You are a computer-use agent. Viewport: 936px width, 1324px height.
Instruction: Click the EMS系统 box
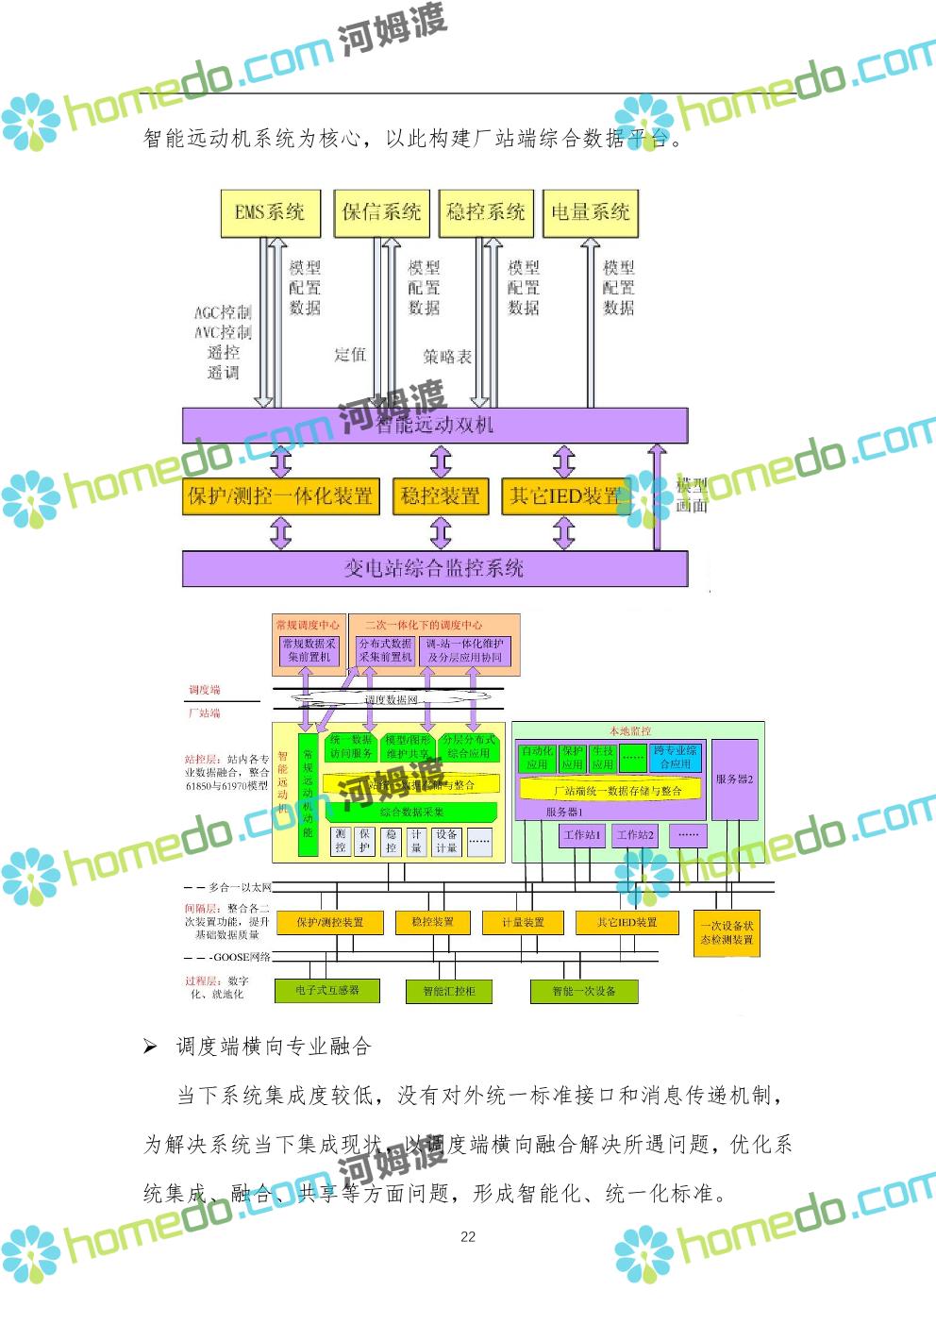coord(271,212)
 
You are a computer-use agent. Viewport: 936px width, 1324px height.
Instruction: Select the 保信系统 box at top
coord(381,212)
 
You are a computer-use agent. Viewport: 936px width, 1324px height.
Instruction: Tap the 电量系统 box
coord(591,212)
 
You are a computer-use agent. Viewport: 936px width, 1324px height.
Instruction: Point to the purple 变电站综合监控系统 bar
coord(434,568)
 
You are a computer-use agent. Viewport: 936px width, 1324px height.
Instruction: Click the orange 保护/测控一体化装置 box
coord(280,496)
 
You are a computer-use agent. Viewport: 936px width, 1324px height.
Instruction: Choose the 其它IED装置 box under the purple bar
coord(564,496)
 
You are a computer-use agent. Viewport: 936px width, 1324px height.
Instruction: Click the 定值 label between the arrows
coord(350,355)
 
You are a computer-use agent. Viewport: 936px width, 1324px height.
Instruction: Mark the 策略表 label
coord(447,357)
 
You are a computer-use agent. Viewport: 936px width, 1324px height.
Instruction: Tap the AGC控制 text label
coord(223,312)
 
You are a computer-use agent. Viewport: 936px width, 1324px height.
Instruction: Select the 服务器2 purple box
coord(734,779)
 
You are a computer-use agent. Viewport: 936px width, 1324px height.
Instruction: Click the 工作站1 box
coord(582,835)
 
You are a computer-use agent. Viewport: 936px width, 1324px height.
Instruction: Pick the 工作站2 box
coord(635,835)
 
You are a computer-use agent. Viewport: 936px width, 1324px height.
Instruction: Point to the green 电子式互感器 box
coord(327,990)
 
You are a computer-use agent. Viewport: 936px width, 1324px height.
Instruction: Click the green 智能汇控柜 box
coord(449,991)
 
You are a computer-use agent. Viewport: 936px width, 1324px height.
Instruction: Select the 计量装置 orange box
coord(523,922)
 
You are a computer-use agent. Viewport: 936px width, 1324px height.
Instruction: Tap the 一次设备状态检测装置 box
coord(727,932)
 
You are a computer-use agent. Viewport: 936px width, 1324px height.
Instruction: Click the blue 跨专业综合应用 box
coord(676,757)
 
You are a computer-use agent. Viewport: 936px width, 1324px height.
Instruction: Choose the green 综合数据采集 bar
coord(411,812)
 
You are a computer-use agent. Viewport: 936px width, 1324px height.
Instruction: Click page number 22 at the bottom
coord(468,1237)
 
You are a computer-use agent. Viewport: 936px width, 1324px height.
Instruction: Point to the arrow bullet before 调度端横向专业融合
coord(150,1047)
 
